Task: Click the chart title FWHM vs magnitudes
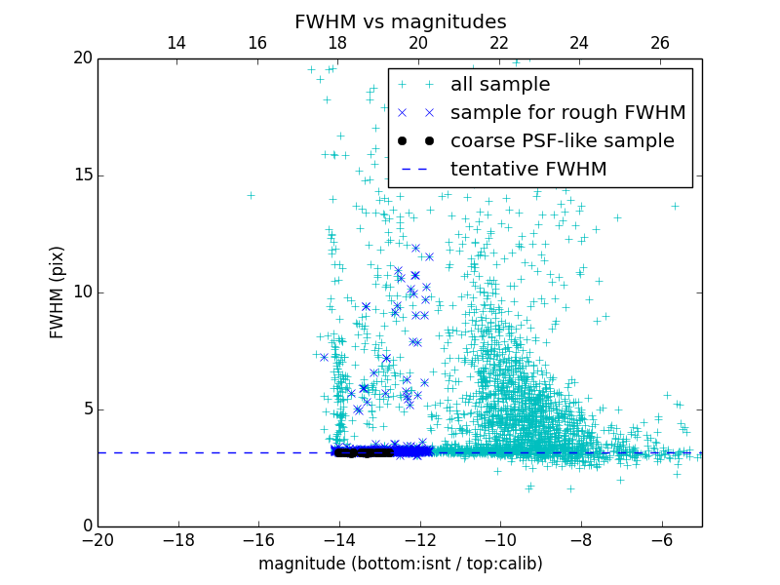(400, 21)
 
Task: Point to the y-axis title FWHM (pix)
(58, 292)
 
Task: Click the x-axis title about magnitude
(400, 564)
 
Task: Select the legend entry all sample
(499, 85)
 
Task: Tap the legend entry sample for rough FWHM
(567, 113)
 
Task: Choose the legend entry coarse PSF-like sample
(562, 141)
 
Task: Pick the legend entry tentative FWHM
(528, 170)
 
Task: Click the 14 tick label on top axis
(176, 43)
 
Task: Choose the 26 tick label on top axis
(660, 43)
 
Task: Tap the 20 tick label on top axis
(418, 43)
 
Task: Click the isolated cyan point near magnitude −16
(251, 195)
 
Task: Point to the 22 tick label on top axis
(499, 43)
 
